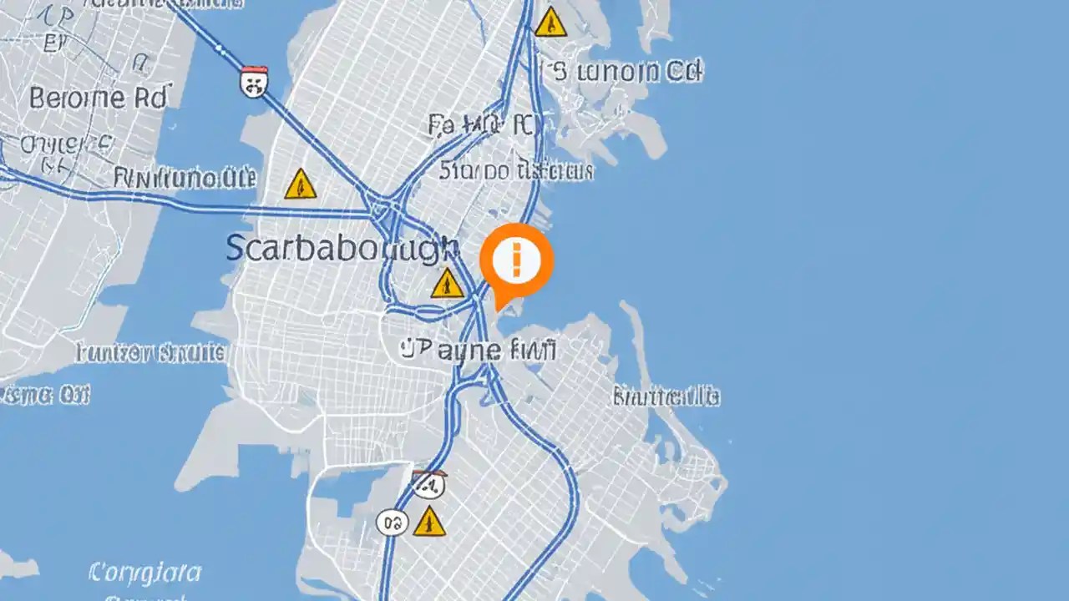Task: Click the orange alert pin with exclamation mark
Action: click(x=517, y=260)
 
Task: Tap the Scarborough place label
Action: click(x=342, y=248)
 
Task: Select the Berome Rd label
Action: click(x=99, y=98)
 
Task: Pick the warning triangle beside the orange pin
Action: click(x=448, y=284)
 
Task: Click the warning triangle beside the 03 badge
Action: click(x=429, y=523)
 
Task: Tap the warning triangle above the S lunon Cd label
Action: click(x=550, y=23)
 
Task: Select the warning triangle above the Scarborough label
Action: click(x=300, y=184)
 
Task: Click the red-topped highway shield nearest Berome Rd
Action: click(x=253, y=81)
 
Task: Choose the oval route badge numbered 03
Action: click(x=392, y=523)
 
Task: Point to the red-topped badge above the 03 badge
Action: click(x=428, y=483)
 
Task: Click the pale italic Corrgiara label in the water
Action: click(x=144, y=573)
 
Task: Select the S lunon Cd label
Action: click(x=625, y=72)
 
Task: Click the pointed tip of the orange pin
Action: click(x=499, y=309)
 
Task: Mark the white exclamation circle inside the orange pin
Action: click(x=517, y=260)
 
